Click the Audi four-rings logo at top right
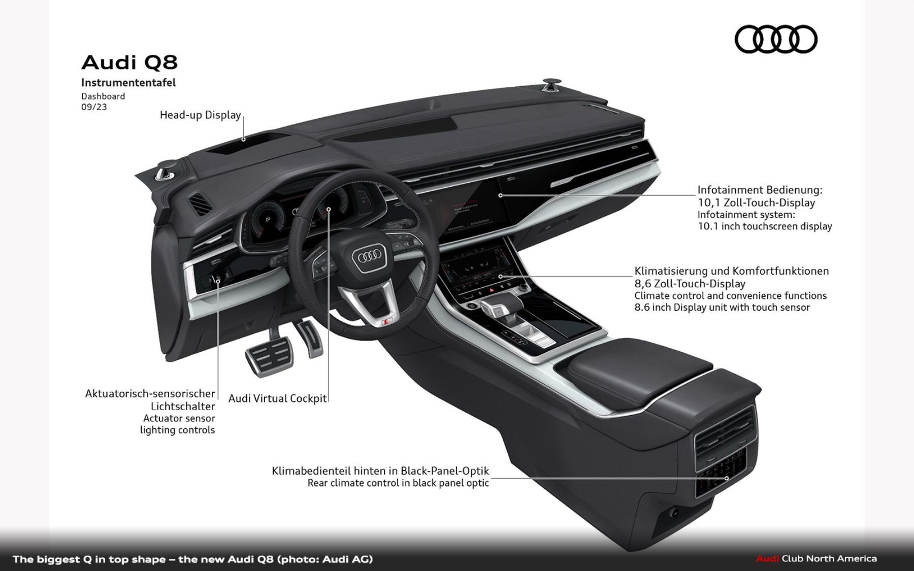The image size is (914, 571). (x=776, y=39)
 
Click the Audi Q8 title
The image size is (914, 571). (x=129, y=62)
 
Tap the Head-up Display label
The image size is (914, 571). (x=200, y=115)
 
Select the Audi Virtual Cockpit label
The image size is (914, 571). (x=277, y=398)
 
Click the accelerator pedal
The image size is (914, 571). (x=310, y=338)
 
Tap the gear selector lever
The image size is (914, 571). (x=496, y=307)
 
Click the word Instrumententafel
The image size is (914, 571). (x=128, y=83)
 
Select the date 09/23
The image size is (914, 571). (x=94, y=107)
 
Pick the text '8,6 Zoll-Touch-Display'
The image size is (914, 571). (x=690, y=284)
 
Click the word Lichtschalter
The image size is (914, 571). (x=183, y=406)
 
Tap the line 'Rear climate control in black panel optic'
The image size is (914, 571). (x=398, y=483)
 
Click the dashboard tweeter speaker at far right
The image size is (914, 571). (x=550, y=84)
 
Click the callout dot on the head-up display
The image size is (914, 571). (x=243, y=139)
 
